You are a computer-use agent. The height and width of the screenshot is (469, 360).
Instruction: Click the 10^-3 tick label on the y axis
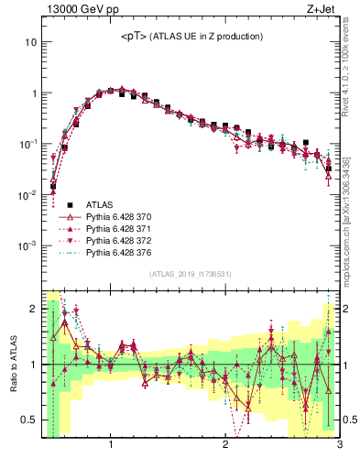[x=27, y=245]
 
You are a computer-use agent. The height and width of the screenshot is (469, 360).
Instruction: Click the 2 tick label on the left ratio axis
[x=33, y=309]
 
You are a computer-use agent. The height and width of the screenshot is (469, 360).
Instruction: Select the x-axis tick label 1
[x=111, y=446]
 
